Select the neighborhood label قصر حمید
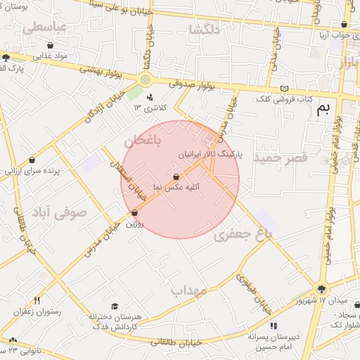point(281,157)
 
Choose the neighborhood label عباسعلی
point(44,28)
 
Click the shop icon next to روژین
point(134,212)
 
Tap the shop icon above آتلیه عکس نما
point(176,176)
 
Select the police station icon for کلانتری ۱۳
point(150,97)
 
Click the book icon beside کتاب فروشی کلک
point(284,89)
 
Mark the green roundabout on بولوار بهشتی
point(145,79)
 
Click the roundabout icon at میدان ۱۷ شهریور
point(321,288)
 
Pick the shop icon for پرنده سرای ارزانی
point(32,160)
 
